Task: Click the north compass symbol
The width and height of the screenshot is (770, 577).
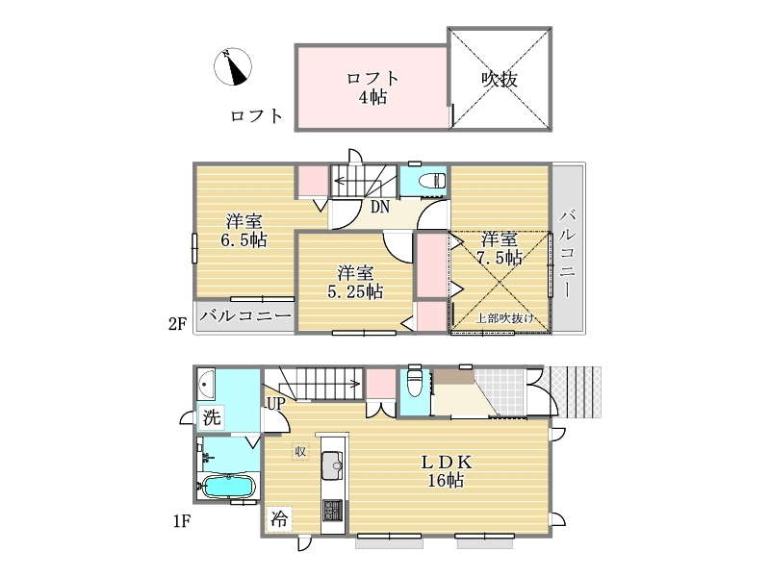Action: pos(233,66)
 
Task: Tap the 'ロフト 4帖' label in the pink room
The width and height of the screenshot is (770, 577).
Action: pos(372,88)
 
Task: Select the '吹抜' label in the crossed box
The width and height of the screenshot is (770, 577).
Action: pos(499,79)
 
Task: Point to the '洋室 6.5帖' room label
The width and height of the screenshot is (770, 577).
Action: pos(244,231)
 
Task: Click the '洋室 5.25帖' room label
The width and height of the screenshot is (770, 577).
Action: pos(355,282)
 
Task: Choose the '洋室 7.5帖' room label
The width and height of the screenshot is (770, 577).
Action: pos(499,248)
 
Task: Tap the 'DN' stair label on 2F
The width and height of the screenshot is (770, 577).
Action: pos(379,207)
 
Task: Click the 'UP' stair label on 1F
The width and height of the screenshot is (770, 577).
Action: pos(275,403)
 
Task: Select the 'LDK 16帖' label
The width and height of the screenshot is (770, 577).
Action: pos(447,471)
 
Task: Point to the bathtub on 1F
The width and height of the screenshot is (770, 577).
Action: pos(228,487)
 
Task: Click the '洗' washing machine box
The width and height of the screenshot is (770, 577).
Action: pos(212,417)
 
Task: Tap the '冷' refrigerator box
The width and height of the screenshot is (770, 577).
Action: pos(279,518)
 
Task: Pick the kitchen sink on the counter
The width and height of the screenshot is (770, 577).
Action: pos(334,463)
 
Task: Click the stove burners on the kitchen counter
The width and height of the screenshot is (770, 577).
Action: pos(332,511)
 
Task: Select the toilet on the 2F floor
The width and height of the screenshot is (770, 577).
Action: pos(432,181)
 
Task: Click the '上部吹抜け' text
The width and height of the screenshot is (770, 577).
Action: pos(504,318)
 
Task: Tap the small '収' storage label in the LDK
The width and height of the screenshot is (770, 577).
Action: pos(300,451)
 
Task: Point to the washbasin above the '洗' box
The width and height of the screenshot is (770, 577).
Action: pos(206,384)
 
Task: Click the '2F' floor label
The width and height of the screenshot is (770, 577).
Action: pos(178,324)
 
